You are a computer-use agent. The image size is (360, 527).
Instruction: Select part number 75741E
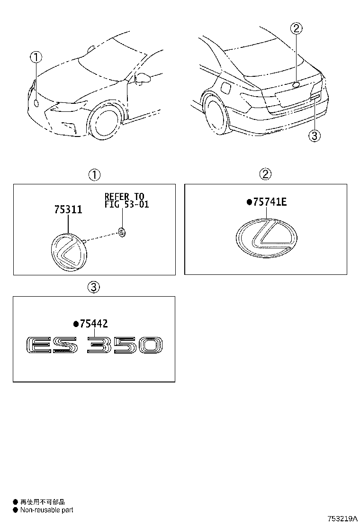pyautogui.click(x=270, y=202)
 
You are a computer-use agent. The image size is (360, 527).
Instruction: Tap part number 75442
pyautogui.click(x=94, y=324)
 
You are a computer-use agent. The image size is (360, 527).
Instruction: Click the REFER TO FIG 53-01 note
pyautogui.click(x=125, y=200)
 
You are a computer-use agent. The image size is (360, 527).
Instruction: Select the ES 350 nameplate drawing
pyautogui.click(x=94, y=345)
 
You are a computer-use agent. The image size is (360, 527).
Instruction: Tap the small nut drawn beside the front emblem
pyautogui.click(x=122, y=232)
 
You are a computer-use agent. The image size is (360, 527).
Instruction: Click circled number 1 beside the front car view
pyautogui.click(x=36, y=58)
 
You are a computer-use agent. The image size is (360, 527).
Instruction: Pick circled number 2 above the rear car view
pyautogui.click(x=296, y=29)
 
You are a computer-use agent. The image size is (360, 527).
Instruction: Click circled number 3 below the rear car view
pyautogui.click(x=315, y=136)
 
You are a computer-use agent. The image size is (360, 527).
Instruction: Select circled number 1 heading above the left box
pyautogui.click(x=94, y=174)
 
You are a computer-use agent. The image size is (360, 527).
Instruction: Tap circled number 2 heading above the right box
pyautogui.click(x=265, y=174)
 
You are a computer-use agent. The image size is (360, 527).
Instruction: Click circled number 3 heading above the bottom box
pyautogui.click(x=94, y=287)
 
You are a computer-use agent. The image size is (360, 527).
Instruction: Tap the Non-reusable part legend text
pyautogui.click(x=46, y=510)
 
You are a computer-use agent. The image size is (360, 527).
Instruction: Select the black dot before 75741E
pyautogui.click(x=249, y=203)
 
